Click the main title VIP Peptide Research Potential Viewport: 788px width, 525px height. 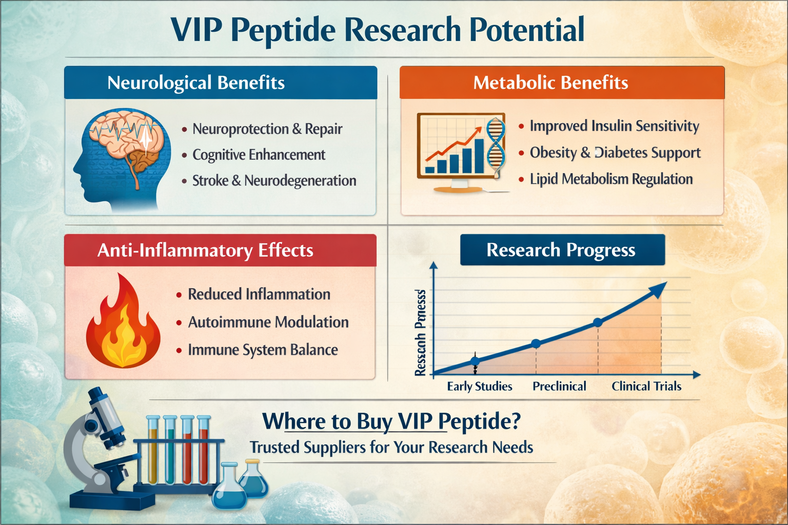click(377, 30)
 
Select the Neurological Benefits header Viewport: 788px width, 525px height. click(195, 83)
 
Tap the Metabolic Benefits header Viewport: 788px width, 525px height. click(550, 83)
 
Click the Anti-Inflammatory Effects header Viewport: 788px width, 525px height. click(205, 250)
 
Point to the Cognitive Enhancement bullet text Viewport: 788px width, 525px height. click(259, 155)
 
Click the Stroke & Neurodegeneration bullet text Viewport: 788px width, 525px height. click(274, 180)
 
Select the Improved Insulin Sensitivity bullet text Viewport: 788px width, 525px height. click(614, 126)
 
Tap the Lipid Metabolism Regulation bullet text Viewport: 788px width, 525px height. click(611, 179)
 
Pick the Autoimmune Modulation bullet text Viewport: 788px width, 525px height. click(268, 322)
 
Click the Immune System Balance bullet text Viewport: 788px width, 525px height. click(263, 350)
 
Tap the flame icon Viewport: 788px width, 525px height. click(123, 323)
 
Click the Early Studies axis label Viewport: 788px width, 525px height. click(479, 386)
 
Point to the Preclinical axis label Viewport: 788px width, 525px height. click(559, 386)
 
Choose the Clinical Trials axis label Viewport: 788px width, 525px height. click(646, 386)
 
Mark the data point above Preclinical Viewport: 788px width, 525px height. click(536, 344)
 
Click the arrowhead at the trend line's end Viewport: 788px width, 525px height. click(658, 289)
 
